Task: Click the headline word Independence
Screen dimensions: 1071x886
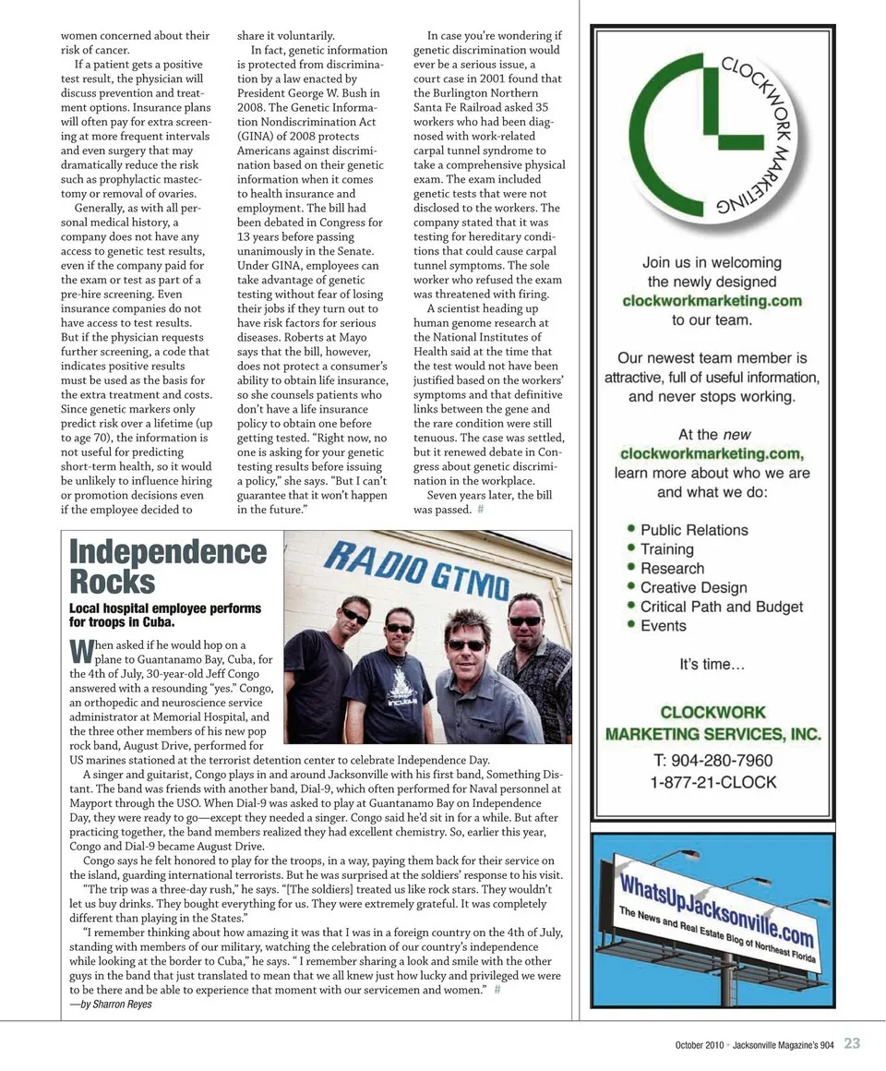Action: pyautogui.click(x=168, y=552)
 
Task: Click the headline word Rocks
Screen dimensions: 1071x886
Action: pyautogui.click(x=113, y=583)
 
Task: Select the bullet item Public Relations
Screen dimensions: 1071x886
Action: pyautogui.click(x=694, y=530)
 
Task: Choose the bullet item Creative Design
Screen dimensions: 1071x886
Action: pyautogui.click(x=693, y=587)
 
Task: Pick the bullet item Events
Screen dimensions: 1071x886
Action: pyautogui.click(x=663, y=626)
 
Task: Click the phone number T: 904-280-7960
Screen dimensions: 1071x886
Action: pyautogui.click(x=712, y=761)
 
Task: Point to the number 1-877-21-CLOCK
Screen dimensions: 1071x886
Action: pyautogui.click(x=712, y=782)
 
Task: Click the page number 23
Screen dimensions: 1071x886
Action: pyautogui.click(x=852, y=1044)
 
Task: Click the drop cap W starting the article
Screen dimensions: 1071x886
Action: pyautogui.click(x=81, y=651)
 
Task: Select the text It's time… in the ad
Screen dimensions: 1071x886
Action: pyautogui.click(x=712, y=664)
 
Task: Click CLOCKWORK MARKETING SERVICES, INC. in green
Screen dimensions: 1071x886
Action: pyautogui.click(x=712, y=723)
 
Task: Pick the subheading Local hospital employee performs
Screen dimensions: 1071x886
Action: pyautogui.click(x=165, y=608)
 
